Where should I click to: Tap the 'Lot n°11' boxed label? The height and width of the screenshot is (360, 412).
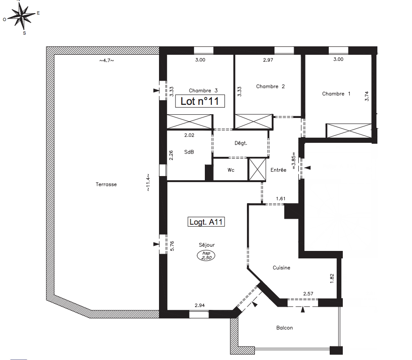200,101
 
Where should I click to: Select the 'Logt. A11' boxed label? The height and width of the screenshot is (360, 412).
206,222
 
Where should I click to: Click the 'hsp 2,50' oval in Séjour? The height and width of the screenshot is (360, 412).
206,255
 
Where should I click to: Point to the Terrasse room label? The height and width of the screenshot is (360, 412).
106,184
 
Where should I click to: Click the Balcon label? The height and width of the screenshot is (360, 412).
284,328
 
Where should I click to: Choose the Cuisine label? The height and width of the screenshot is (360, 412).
282,268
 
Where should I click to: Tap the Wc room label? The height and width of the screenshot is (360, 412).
231,170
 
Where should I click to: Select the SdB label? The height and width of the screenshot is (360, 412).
189,152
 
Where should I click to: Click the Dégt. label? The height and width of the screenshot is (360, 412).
241,143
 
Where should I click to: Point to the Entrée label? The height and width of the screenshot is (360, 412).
278,170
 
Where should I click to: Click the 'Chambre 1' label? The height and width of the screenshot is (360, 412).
336,94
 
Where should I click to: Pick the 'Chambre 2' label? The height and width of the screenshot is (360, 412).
270,86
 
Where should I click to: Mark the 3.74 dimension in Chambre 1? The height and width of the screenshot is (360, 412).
367,96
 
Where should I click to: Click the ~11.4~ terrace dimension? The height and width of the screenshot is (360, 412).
148,182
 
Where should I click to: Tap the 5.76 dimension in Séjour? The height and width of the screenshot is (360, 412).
172,246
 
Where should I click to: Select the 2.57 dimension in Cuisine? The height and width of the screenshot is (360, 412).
308,294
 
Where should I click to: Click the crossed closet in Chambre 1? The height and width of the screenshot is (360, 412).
349,131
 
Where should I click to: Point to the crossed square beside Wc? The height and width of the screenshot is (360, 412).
257,169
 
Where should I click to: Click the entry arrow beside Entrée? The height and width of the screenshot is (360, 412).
308,168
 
